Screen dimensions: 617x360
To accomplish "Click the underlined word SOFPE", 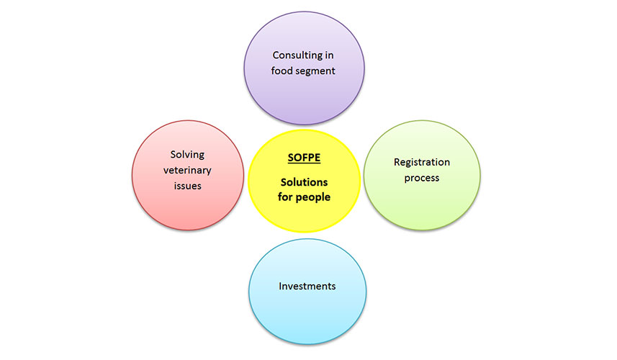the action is [304, 158].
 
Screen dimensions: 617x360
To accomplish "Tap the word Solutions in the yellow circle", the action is [304, 182].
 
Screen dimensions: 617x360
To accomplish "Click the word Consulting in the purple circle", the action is [297, 55].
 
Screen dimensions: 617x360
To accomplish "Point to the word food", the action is [282, 71].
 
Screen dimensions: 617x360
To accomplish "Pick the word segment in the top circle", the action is [315, 71].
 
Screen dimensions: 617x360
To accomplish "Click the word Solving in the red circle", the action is [187, 155].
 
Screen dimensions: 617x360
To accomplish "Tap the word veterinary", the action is [187, 171].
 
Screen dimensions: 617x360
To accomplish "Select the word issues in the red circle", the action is [188, 186].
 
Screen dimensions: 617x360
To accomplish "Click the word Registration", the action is [422, 163].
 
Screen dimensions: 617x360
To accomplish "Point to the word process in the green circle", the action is [422, 179].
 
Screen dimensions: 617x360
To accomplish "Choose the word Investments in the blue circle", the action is [307, 286].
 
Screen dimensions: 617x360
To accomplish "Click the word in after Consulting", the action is [329, 55].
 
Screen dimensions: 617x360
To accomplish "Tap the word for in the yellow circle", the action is [284, 197].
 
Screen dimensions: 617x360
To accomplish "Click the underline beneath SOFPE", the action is [304, 163].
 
